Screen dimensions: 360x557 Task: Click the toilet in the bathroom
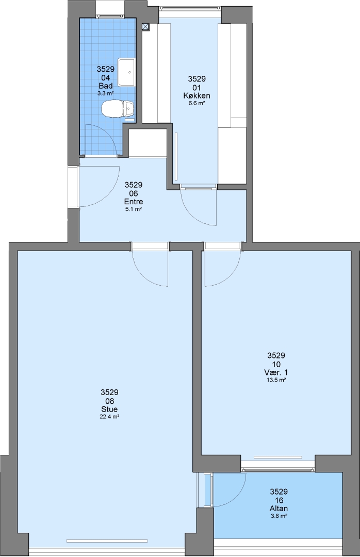[118, 109]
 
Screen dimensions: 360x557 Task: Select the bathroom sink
[126, 73]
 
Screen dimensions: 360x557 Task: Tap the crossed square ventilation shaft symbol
[145, 26]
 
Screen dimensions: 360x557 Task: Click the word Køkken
[197, 95]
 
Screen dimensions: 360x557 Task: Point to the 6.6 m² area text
[197, 103]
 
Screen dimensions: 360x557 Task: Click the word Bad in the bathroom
[106, 86]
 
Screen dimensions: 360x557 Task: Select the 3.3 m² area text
[106, 93]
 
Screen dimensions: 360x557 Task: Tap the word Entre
[133, 202]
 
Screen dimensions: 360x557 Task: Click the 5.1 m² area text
[133, 209]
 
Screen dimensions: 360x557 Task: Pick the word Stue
[109, 409]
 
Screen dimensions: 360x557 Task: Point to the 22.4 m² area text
[109, 417]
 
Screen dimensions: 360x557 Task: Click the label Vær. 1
[276, 372]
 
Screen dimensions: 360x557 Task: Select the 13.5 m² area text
[276, 380]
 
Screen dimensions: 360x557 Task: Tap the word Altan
[279, 509]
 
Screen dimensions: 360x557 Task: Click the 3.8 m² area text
[279, 516]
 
